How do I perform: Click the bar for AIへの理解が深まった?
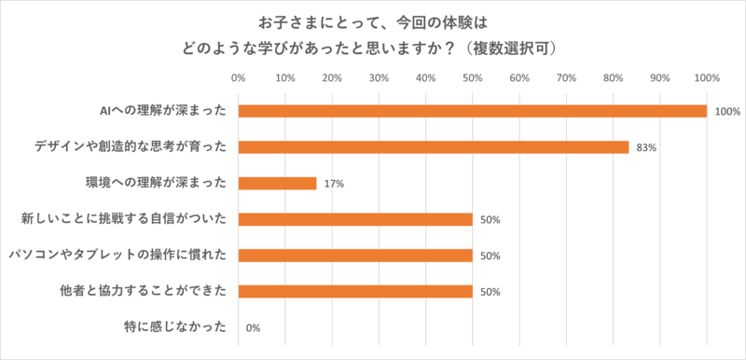point(472,111)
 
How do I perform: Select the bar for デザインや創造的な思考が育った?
point(434,146)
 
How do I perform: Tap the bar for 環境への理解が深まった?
point(278,183)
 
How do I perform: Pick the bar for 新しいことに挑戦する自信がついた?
point(355,219)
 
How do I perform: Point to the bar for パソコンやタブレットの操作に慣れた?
point(355,255)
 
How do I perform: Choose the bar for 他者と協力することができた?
point(355,291)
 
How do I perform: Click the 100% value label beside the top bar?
point(727,112)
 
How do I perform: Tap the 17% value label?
point(334,184)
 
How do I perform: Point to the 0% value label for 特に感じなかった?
point(253,328)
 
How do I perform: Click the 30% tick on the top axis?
point(379,77)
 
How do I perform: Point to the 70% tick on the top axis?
point(566,77)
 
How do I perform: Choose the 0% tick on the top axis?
point(238,77)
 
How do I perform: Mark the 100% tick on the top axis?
point(706,77)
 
